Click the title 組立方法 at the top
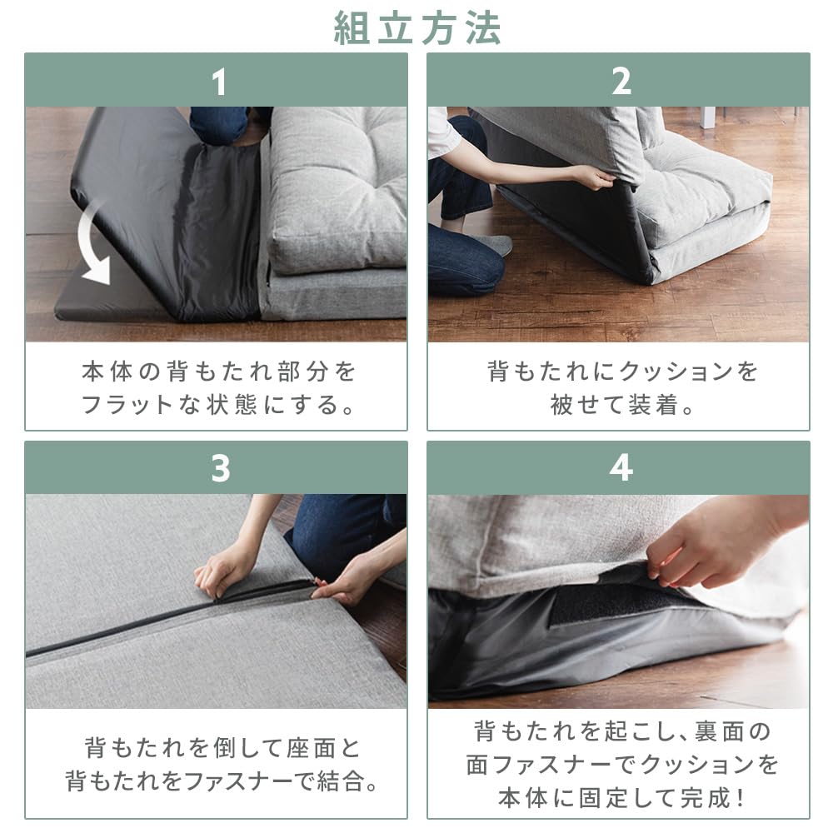[x=417, y=27]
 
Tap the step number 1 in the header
[x=218, y=82]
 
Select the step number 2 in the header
[x=621, y=82]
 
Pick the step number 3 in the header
[x=219, y=469]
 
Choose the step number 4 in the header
[x=621, y=469]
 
